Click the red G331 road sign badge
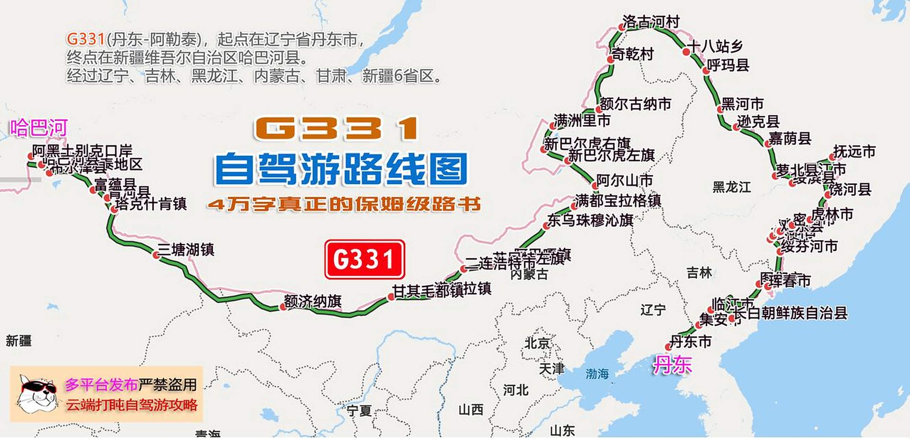point(365,259)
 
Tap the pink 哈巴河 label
point(38,128)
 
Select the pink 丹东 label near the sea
point(672,364)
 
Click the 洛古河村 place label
point(651,22)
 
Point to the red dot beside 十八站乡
point(686,52)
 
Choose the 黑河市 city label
point(742,104)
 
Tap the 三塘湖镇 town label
point(186,250)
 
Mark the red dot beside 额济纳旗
point(283,307)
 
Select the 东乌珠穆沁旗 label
point(590,221)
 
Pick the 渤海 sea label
point(597,374)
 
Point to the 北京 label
point(537,343)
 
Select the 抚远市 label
point(854,152)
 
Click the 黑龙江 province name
point(731,187)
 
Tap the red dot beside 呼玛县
point(706,70)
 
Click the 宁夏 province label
point(359,411)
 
